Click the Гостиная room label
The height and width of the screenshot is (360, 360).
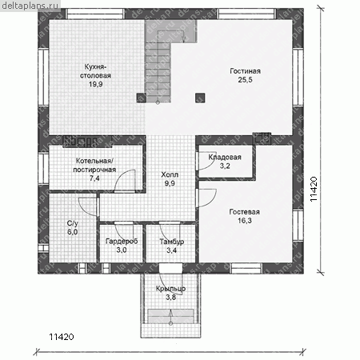tap(245, 71)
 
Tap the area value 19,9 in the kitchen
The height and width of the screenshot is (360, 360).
tap(96, 84)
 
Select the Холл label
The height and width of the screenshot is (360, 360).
tap(170, 174)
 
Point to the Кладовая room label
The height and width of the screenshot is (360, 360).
tap(225, 158)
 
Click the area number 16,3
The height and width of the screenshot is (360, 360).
tap(245, 221)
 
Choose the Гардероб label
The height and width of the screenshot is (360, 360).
tap(122, 242)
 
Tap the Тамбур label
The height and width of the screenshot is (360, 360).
tap(172, 242)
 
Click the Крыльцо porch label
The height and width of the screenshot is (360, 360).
tap(170, 289)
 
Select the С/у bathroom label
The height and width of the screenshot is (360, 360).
tap(72, 223)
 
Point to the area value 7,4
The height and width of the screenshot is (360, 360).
tap(94, 178)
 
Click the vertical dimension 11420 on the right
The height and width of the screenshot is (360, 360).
tap(314, 189)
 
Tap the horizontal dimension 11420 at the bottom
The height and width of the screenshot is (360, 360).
tap(62, 337)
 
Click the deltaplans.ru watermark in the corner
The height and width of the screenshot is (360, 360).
tap(30, 6)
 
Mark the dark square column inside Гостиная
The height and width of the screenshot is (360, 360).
tap(200, 98)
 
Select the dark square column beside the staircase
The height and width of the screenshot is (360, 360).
tap(141, 98)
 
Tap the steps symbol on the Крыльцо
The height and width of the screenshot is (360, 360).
tap(170, 316)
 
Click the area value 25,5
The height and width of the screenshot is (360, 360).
tap(245, 80)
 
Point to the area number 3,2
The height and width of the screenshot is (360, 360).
tap(225, 166)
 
